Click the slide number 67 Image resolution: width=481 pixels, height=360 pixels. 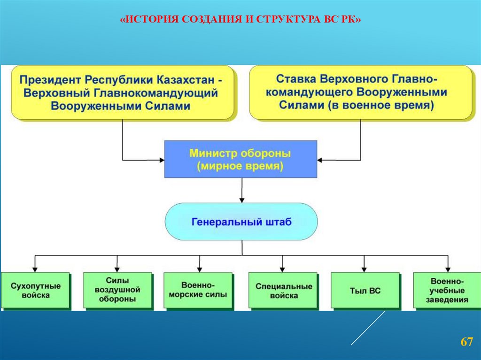(x=466, y=342)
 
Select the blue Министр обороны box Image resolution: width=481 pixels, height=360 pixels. (x=240, y=160)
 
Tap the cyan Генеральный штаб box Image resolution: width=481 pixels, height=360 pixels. (x=241, y=222)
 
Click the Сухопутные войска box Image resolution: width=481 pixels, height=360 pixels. (x=36, y=290)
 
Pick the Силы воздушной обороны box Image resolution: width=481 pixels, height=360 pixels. (x=117, y=290)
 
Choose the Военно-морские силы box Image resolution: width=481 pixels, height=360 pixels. (x=198, y=290)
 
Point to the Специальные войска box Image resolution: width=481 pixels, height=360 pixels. (x=284, y=291)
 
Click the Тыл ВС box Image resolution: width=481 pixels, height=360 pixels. (x=365, y=291)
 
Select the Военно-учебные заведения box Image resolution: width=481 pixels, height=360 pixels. (x=447, y=291)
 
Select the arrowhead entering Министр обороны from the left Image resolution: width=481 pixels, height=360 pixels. (x=161, y=160)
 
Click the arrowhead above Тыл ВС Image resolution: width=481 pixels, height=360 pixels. (x=365, y=269)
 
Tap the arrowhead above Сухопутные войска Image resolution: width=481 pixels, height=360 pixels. (x=35, y=269)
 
